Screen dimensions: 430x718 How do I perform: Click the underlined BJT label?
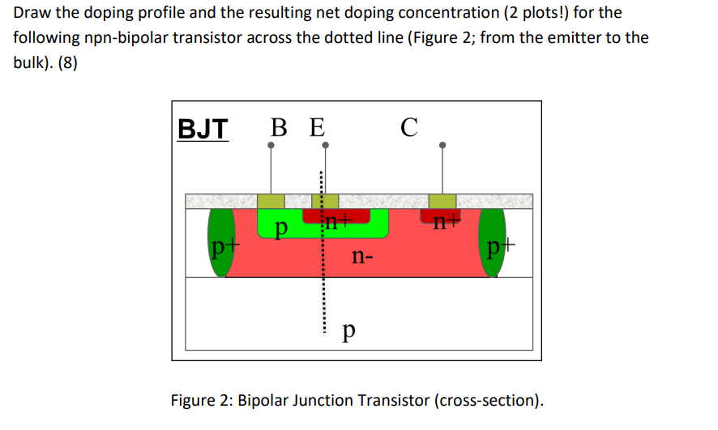pos(203,127)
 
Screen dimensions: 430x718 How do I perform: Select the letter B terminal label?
pos(278,127)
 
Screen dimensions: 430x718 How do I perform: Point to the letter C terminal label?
pos(409,127)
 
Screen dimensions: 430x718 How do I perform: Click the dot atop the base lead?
pos(271,146)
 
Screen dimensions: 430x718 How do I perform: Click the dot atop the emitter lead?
pos(325,146)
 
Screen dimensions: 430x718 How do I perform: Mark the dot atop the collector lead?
pos(442,146)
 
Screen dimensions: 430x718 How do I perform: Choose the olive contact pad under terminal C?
pos(442,201)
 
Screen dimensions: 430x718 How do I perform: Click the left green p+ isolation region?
pos(218,242)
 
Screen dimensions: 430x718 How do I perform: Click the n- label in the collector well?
pos(362,258)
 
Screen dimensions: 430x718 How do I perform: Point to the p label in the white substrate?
pos(348,330)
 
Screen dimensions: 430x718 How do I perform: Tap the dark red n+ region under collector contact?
pos(441,215)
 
